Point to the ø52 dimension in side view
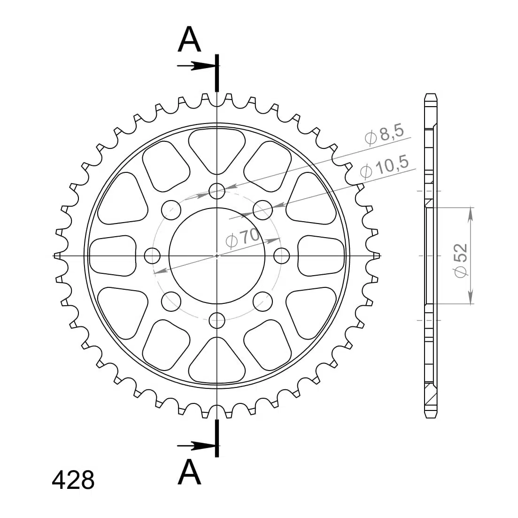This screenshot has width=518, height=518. tap(460, 261)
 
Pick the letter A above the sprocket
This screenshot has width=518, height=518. tap(189, 39)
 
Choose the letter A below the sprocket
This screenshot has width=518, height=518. tap(189, 472)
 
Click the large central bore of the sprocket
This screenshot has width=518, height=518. tap(217, 255)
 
